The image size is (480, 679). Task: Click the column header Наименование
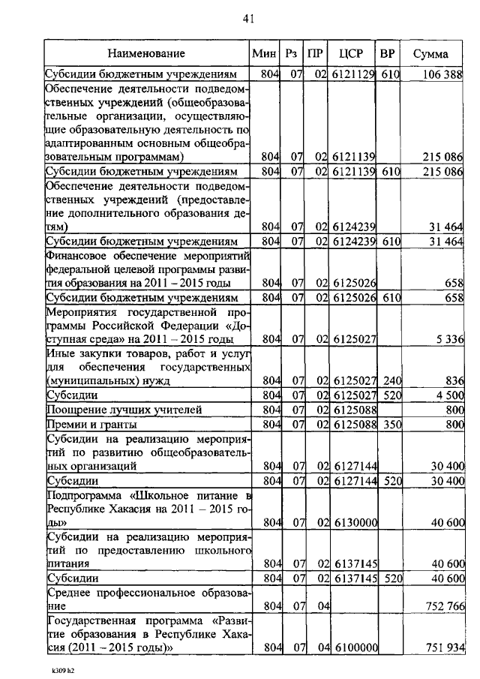(145, 54)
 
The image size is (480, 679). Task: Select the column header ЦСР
(352, 54)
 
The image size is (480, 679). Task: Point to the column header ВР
(388, 54)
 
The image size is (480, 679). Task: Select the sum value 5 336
(450, 339)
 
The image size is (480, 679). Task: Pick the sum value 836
(455, 380)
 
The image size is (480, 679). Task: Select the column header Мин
(265, 54)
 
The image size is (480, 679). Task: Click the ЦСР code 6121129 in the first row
(352, 74)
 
